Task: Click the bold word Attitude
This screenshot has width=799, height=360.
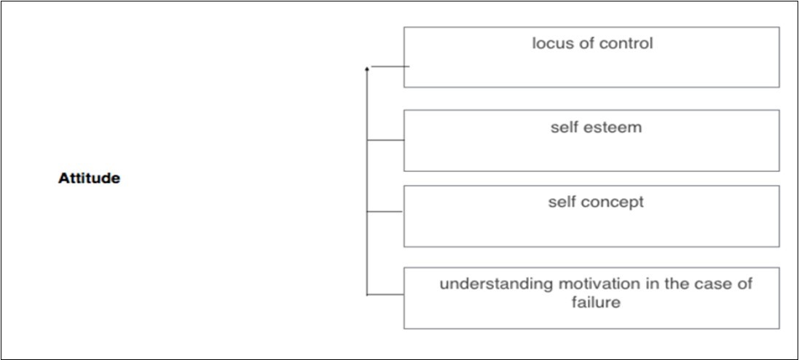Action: (89, 179)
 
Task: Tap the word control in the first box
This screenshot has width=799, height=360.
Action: (626, 43)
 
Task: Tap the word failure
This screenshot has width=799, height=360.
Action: (596, 302)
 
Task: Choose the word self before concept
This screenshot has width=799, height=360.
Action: (562, 202)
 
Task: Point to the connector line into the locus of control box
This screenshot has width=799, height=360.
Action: (390, 66)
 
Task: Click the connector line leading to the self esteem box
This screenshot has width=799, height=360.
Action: (385, 139)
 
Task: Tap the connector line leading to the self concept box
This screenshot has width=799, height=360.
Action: (385, 211)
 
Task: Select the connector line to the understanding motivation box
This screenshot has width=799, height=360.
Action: (385, 294)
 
